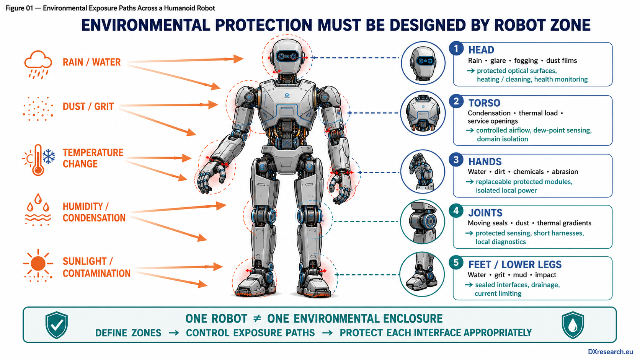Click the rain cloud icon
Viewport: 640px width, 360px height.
[38, 65]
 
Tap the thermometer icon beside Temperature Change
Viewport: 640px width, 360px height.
[38, 160]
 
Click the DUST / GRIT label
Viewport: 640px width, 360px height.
[88, 106]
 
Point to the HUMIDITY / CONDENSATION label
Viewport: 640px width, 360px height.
[94, 212]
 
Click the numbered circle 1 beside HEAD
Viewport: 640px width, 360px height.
[456, 49]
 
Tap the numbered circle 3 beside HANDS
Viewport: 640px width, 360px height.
[456, 160]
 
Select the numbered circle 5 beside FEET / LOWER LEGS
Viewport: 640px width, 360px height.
[456, 262]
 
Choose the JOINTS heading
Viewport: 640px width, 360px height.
[485, 213]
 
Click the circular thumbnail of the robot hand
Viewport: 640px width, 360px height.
[423, 172]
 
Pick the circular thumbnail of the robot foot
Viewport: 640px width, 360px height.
[422, 274]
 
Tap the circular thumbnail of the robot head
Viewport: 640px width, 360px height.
[423, 63]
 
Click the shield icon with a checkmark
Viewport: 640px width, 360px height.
[57, 325]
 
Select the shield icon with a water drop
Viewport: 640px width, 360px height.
[573, 325]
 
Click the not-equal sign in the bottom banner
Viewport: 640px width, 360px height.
[257, 319]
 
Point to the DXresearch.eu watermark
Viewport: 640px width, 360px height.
[610, 352]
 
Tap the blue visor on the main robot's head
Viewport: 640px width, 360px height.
[287, 57]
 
